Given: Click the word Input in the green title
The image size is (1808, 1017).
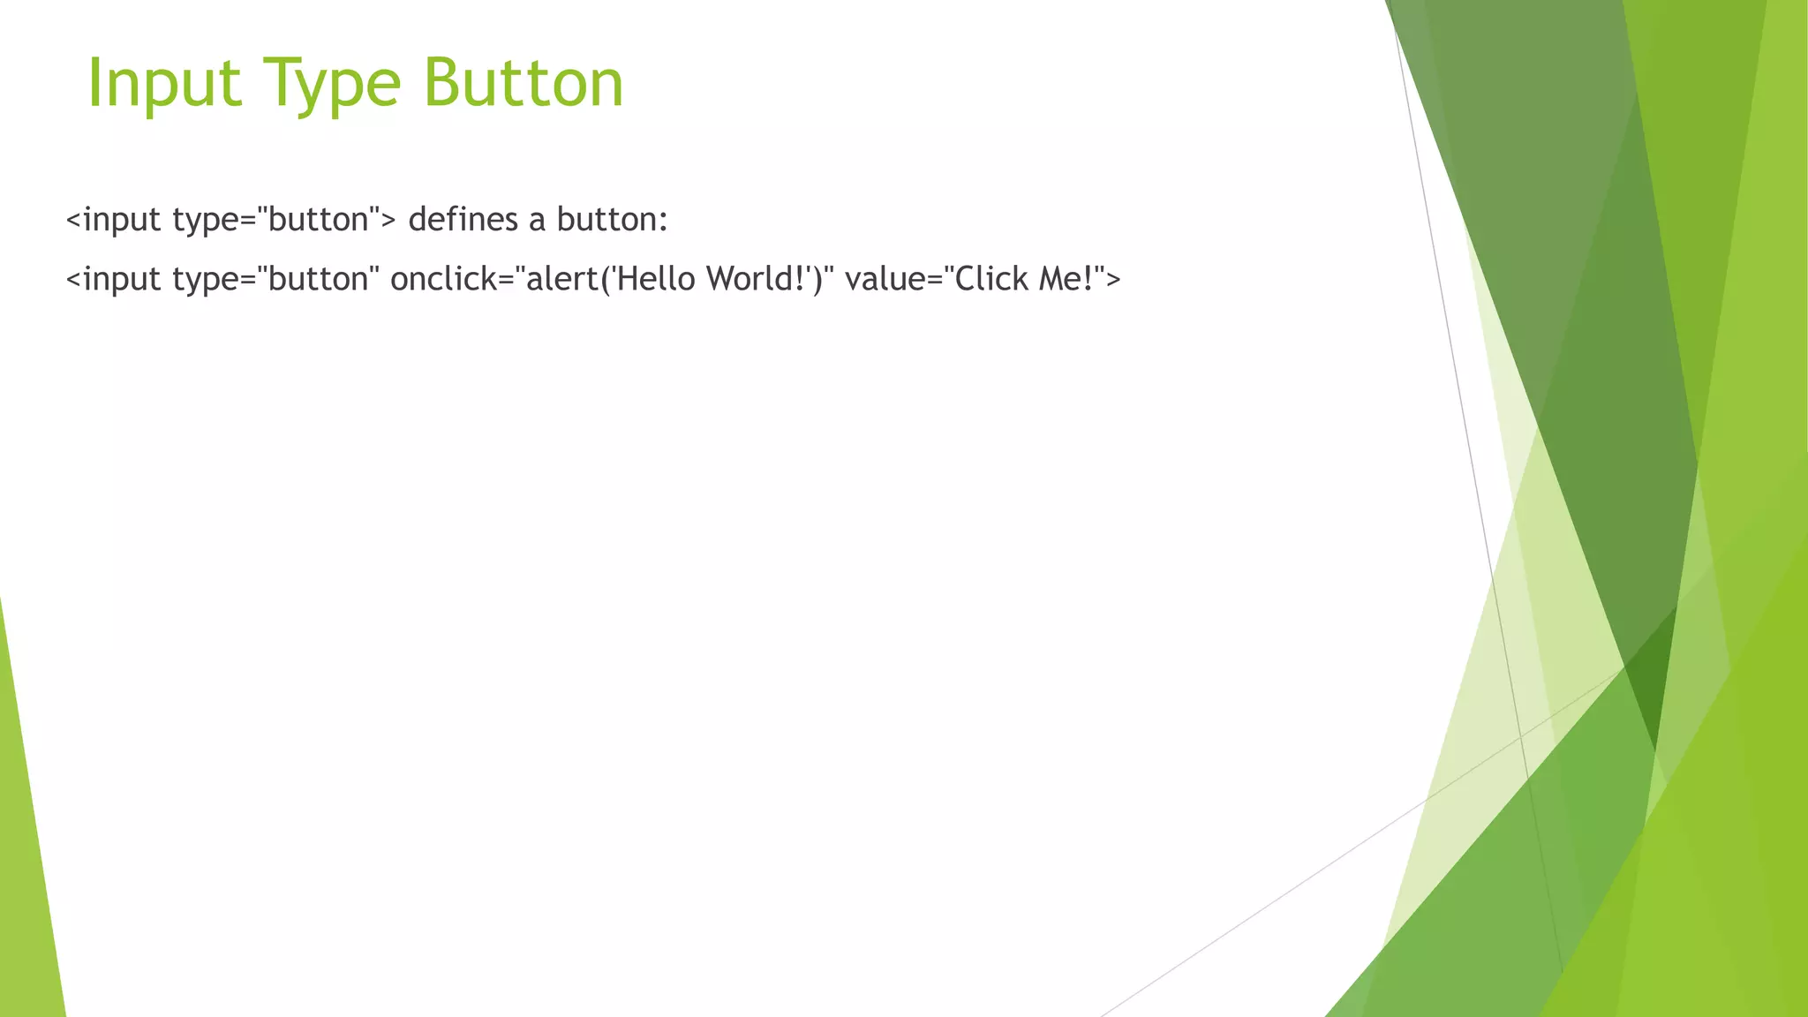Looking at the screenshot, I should click(164, 84).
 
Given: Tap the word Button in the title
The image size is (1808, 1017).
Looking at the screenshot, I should click(524, 84).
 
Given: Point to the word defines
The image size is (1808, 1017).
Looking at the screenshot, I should click(463, 220).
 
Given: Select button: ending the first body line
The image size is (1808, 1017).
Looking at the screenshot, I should click(613, 220).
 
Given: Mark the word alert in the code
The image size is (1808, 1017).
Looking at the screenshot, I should click(561, 279).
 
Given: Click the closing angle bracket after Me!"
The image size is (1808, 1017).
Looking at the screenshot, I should click(1112, 280).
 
